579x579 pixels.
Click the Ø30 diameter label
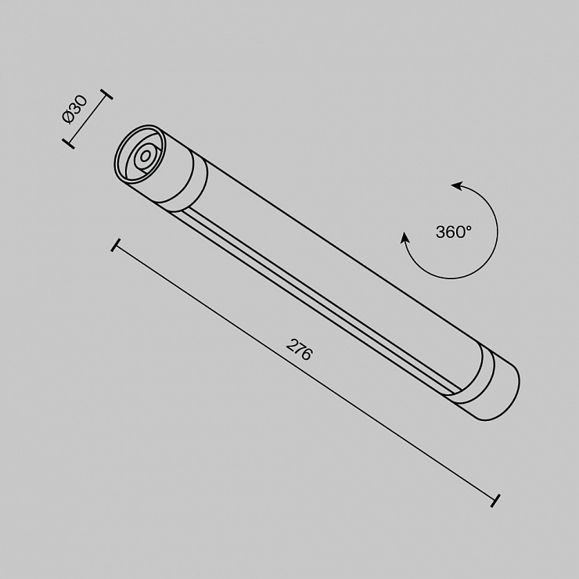click(x=75, y=110)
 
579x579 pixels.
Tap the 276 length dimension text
click(x=300, y=349)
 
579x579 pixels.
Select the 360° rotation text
click(x=454, y=232)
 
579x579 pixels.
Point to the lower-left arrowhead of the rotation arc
click(x=405, y=238)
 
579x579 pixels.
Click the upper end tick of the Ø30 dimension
click(x=106, y=94)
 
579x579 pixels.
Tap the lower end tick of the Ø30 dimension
click(x=68, y=144)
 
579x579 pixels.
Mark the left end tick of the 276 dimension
click(x=115, y=245)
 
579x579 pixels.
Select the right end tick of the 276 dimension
click(x=495, y=500)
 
